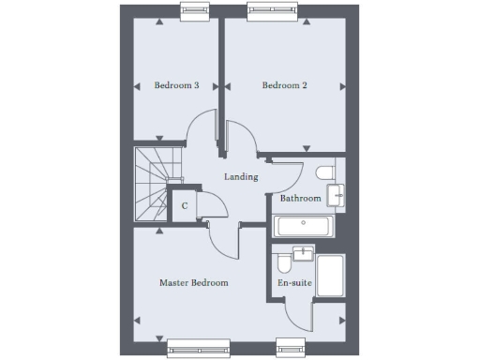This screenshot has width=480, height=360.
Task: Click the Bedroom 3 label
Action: (176, 85)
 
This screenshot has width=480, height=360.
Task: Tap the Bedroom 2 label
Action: (285, 85)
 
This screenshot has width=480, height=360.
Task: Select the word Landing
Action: (241, 176)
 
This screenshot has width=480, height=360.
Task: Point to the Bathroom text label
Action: (301, 199)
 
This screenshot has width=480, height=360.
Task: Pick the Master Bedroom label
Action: (193, 282)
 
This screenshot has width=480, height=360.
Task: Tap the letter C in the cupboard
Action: (185, 205)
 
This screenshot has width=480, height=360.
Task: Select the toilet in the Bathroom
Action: (324, 173)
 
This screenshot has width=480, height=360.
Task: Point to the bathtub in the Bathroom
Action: (301, 225)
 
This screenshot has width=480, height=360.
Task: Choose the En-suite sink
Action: (302, 253)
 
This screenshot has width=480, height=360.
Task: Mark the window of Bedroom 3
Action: (194, 11)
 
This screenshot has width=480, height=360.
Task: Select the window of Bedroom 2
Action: (272, 11)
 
